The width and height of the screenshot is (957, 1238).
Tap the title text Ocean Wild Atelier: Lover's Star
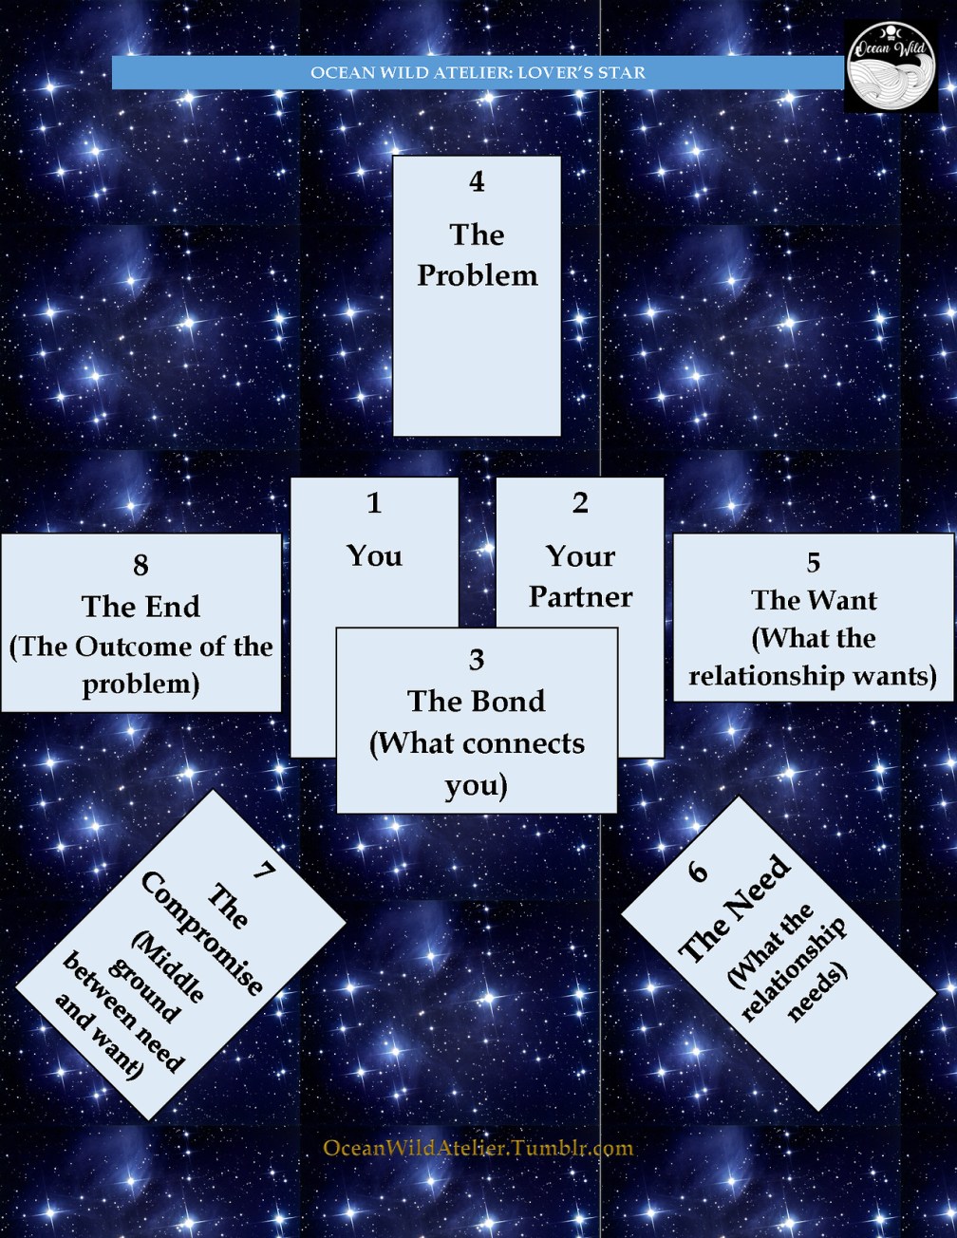(478, 72)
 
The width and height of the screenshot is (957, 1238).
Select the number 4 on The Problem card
(477, 181)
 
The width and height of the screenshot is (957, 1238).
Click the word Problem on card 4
(477, 275)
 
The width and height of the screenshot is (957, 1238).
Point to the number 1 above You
(374, 503)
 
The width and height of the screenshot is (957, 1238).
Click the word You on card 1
(374, 555)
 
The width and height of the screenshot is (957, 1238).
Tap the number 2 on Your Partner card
(580, 503)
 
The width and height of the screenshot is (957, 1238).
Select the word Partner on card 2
(580, 596)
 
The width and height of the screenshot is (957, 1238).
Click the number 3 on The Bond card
(477, 659)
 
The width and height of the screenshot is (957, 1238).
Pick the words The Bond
(477, 701)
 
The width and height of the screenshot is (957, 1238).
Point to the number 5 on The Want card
(814, 563)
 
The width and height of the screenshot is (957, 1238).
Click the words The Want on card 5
(814, 600)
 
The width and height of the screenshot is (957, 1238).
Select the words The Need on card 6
(736, 909)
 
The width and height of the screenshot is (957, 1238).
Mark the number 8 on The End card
(141, 566)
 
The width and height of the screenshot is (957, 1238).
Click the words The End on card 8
(141, 607)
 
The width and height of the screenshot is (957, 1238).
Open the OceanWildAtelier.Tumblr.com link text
(478, 1148)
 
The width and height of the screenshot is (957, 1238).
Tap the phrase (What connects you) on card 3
(477, 764)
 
